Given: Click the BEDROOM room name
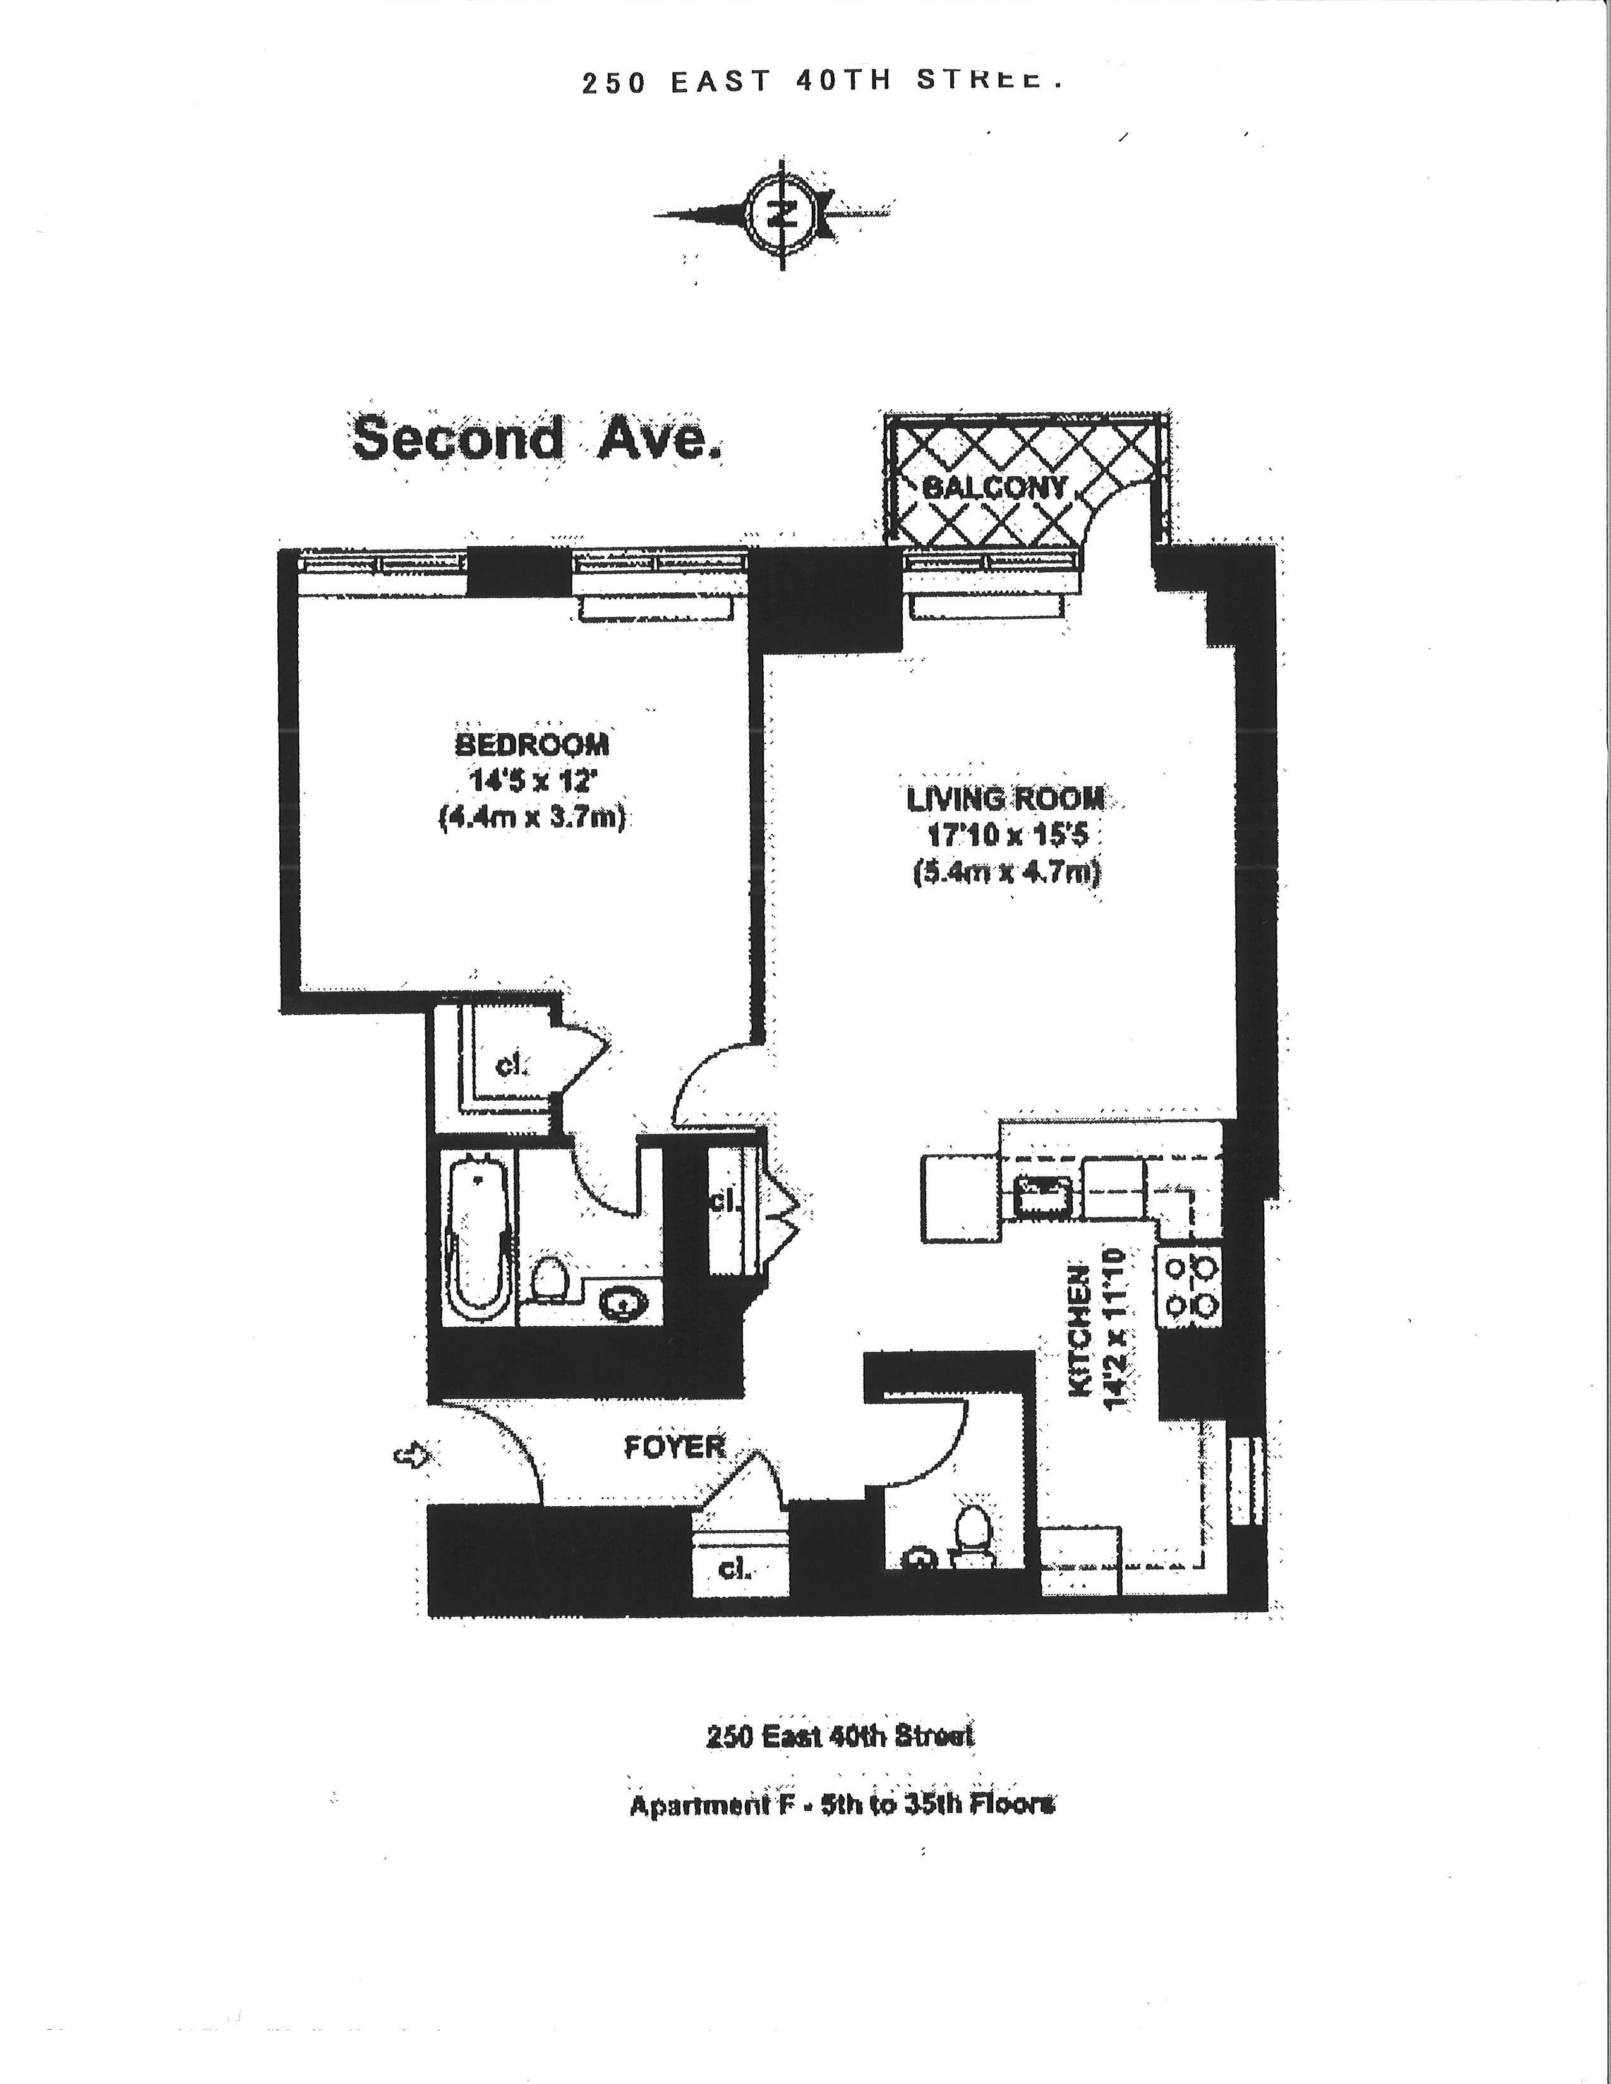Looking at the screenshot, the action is (531, 745).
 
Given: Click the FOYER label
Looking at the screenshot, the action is (675, 1447).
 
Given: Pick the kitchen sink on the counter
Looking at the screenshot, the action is (1044, 1197).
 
